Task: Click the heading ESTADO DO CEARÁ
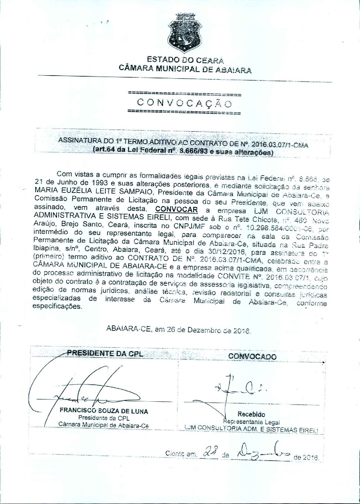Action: [185, 61]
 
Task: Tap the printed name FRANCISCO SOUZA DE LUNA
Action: [104, 411]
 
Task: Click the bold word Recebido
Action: [251, 414]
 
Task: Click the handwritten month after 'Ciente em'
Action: [262, 453]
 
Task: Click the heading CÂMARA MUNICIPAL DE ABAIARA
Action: [185, 70]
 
